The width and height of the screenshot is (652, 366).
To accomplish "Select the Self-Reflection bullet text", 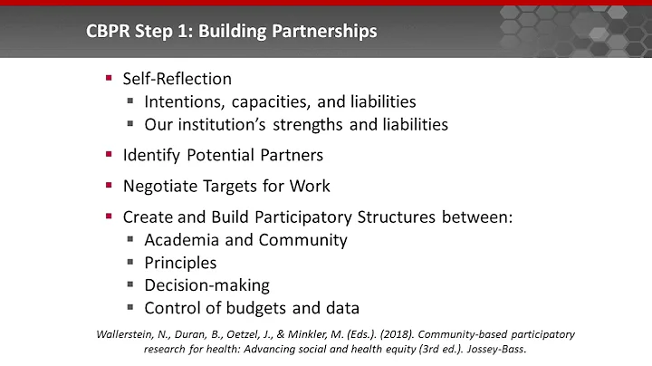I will pos(177,79).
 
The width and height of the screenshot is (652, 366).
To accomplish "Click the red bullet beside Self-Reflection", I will pos(109,79).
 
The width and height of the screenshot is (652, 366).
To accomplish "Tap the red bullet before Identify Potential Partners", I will pos(109,155).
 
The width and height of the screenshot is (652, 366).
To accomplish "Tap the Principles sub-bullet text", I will pos(180,263).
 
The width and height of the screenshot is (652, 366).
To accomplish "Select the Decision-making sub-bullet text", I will pos(206,284).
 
